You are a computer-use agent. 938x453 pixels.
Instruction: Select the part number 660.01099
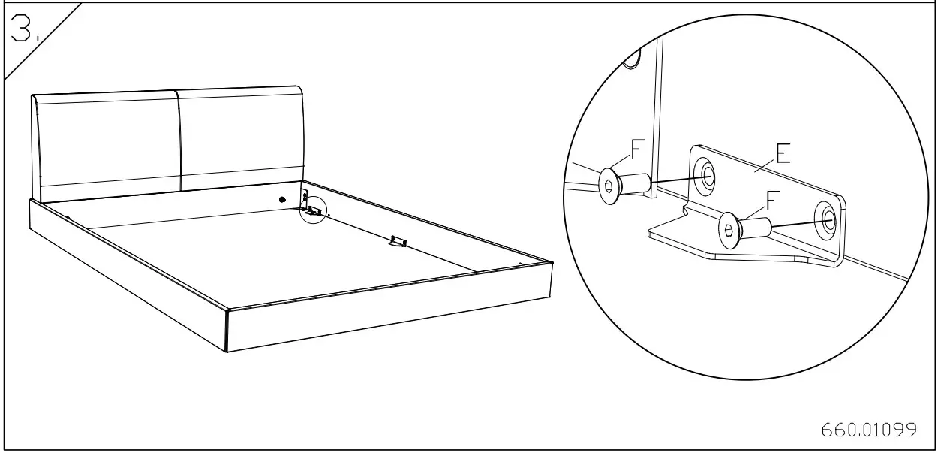point(869,430)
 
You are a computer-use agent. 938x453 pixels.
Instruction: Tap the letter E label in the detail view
point(783,156)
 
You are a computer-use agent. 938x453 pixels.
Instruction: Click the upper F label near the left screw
point(637,150)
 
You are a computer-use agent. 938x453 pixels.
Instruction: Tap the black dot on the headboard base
point(282,200)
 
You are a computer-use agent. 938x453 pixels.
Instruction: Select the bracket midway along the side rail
point(397,241)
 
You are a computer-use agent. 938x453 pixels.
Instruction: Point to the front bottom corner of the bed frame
point(227,351)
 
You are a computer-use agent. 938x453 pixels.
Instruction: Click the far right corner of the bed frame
point(552,263)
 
